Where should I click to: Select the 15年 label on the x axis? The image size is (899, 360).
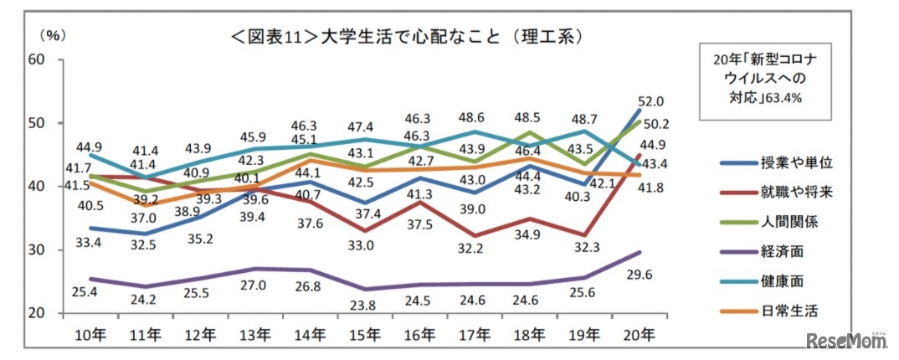362,336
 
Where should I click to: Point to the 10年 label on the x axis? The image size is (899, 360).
88,336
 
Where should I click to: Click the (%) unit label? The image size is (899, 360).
53,35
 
